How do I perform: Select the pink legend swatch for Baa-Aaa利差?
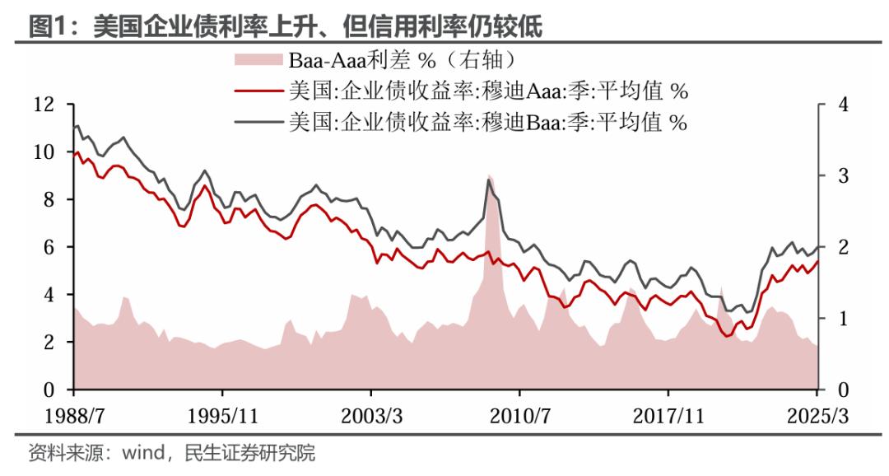[257, 59]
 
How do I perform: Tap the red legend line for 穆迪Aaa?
[257, 90]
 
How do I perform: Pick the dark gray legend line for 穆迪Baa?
[257, 122]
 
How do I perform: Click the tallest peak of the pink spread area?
[490, 176]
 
